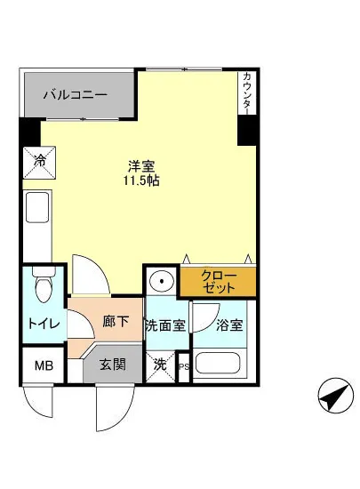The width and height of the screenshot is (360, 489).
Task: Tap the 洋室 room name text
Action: [140, 165]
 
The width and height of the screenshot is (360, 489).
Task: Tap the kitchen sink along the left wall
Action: [39, 210]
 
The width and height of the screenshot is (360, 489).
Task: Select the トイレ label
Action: [43, 325]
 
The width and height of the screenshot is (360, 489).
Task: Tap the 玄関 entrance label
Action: [112, 365]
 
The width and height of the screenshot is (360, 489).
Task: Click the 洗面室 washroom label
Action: [166, 325]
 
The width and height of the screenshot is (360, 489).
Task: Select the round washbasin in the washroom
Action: [162, 282]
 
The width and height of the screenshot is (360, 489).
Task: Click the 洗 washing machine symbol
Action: [160, 365]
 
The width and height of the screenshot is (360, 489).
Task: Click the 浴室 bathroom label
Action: [228, 325]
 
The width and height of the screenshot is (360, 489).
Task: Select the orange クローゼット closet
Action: [219, 282]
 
